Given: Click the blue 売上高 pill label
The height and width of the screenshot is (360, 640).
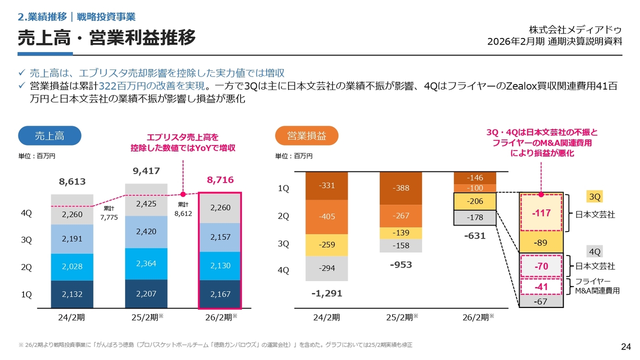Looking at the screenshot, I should [x=49, y=135].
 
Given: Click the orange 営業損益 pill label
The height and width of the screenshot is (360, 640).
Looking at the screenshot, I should [x=306, y=135].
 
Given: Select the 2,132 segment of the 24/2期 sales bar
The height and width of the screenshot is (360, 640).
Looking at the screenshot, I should [x=72, y=294].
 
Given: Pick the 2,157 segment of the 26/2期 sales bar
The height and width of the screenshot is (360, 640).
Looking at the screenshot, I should [x=220, y=237].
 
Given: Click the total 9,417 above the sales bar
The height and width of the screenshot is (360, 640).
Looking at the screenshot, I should [x=146, y=171].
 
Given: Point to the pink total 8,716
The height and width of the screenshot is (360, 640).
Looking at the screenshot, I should [x=220, y=180].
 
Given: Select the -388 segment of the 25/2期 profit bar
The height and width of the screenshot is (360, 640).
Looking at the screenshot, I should [x=400, y=188].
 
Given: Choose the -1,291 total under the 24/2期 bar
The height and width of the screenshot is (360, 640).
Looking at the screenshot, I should [x=326, y=293].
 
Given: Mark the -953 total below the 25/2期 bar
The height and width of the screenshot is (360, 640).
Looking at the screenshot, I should [x=401, y=264].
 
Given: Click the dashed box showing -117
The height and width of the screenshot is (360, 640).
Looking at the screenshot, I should [x=541, y=213].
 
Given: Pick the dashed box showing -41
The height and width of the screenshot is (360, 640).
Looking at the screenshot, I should [x=541, y=287].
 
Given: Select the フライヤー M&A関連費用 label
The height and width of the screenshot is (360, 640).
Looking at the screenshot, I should [x=597, y=286].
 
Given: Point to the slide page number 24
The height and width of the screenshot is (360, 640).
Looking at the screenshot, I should [x=625, y=346].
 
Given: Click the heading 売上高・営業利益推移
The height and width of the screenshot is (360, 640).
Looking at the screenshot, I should [x=106, y=38].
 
